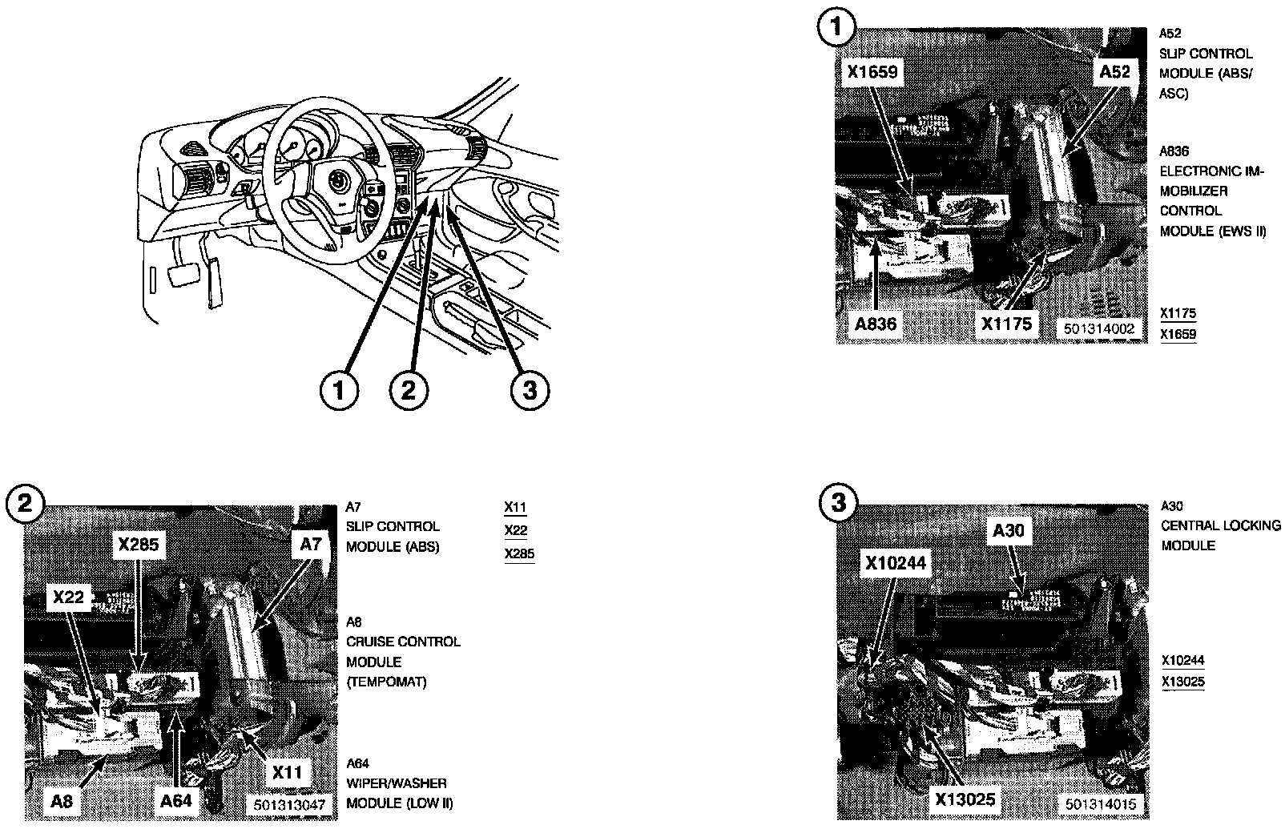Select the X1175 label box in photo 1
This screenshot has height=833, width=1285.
(x=1005, y=324)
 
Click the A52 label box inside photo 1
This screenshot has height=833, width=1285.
(x=1114, y=72)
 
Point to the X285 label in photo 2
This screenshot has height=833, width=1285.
(x=140, y=545)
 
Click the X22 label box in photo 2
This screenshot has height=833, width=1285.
(x=69, y=598)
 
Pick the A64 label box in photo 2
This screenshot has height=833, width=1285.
(x=176, y=801)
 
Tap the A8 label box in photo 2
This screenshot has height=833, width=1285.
(x=63, y=801)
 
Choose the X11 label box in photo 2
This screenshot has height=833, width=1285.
(x=287, y=772)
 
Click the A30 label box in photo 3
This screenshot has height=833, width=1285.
(x=1008, y=530)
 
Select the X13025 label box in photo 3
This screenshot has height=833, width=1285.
(x=965, y=799)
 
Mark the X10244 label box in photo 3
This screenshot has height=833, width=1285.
(x=895, y=564)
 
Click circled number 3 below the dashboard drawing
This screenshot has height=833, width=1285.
(x=529, y=391)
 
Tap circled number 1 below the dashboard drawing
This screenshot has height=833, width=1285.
(x=339, y=391)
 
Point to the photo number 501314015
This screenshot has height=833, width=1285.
(x=1102, y=803)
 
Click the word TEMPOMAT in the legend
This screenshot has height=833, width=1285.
(x=387, y=682)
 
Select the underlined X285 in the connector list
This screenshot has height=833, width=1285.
(x=519, y=554)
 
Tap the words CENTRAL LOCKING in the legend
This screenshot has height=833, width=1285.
(x=1221, y=525)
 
